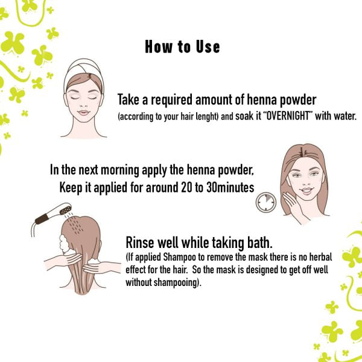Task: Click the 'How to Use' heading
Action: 182,47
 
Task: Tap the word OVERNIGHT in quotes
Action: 288,115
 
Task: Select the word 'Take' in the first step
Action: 129,100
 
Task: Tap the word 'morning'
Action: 120,170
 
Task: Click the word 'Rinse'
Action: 139,243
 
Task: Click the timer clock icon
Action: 266,202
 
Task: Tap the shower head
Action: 65,209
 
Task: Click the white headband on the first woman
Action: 83,69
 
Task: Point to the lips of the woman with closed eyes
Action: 83,113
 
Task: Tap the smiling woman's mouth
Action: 306,191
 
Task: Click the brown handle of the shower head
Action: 42,219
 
